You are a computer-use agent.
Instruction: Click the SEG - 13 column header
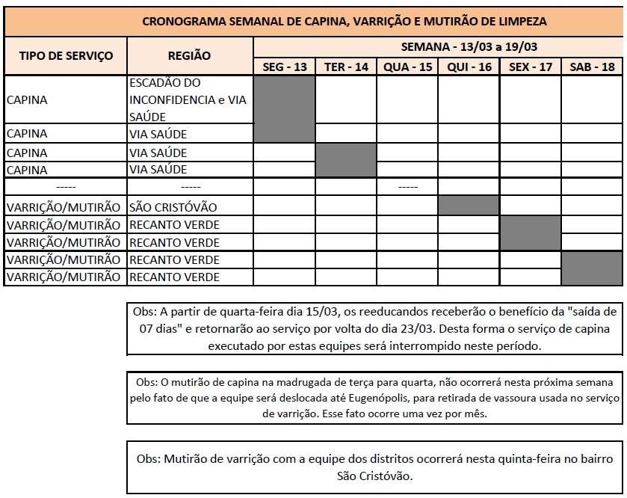(x=285, y=67)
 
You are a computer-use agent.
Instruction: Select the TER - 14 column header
(x=346, y=67)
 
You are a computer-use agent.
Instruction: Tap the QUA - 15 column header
(x=407, y=67)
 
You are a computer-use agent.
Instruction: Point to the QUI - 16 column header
(x=469, y=67)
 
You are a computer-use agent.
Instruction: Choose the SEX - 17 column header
(x=530, y=67)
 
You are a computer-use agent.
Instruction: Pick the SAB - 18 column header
(x=592, y=67)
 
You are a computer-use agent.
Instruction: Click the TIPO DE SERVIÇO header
(x=66, y=56)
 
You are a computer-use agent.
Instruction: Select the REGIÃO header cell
(x=190, y=56)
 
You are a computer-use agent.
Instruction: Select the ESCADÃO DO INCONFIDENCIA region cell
(x=190, y=99)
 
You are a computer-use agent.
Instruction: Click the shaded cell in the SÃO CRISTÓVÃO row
(x=469, y=205)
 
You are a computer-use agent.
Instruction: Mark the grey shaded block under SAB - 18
(x=592, y=268)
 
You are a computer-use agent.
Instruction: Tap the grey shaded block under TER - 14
(x=346, y=160)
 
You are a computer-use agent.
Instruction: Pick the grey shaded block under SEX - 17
(x=530, y=233)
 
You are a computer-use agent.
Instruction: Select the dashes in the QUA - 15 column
(x=407, y=186)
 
